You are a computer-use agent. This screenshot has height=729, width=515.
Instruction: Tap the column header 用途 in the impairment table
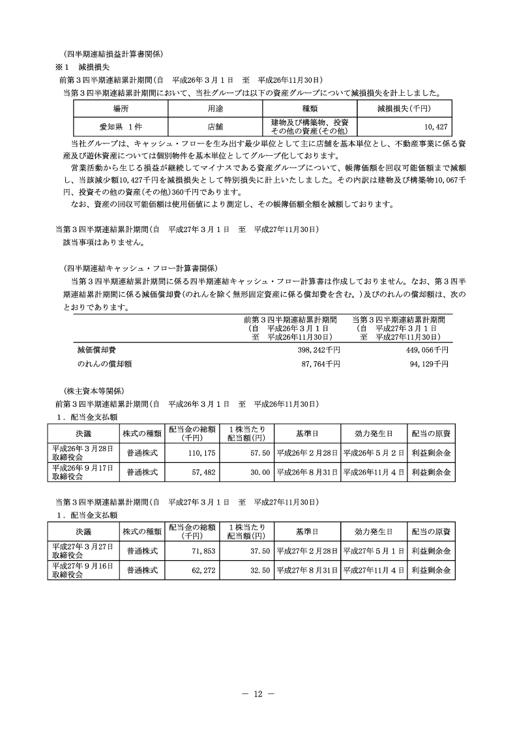[x=215, y=108]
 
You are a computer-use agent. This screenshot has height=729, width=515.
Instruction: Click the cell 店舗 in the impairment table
[x=215, y=126]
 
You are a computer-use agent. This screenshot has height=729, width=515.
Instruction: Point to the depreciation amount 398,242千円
[x=319, y=350]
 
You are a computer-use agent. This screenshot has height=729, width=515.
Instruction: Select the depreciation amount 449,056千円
[x=427, y=350]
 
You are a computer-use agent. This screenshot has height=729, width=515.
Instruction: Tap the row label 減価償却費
[x=97, y=350]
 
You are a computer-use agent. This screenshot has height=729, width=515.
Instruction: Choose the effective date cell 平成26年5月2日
[x=373, y=453]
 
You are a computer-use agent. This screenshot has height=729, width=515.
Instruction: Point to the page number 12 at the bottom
[x=257, y=694]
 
